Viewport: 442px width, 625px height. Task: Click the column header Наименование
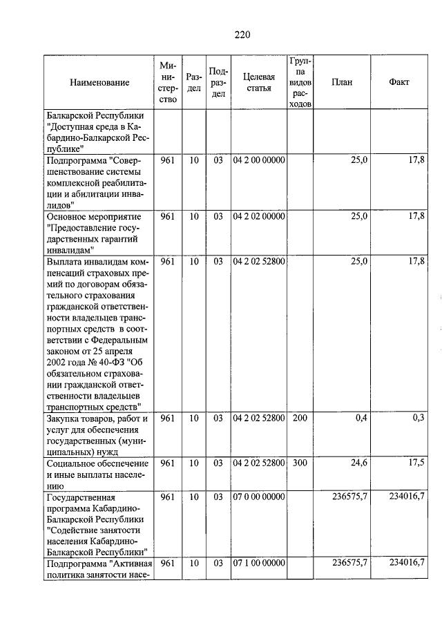coord(99,82)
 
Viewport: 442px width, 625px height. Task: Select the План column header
coord(341,82)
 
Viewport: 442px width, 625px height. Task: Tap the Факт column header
coord(398,82)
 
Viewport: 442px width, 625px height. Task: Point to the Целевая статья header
coord(258,82)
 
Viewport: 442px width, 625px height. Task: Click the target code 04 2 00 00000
coord(258,161)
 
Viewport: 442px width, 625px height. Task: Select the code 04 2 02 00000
coord(258,217)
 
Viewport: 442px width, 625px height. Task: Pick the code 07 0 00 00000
coord(258,497)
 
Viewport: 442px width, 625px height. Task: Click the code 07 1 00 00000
coord(258,564)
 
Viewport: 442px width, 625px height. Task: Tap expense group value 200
coord(299,419)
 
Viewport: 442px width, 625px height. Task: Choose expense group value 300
coord(299,463)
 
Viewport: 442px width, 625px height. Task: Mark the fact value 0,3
coord(418,419)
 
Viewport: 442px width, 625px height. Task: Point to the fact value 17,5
coord(416,463)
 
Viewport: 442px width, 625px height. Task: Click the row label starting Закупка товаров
coord(97,419)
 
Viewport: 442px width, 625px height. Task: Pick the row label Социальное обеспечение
coord(96,463)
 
